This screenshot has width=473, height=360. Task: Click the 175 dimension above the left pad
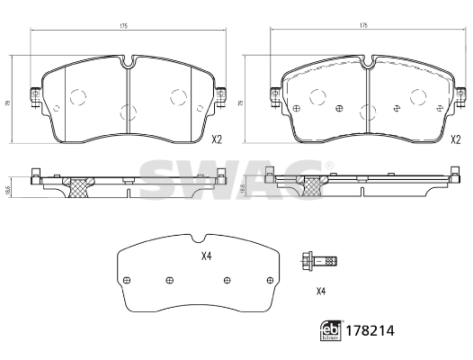click(x=125, y=27)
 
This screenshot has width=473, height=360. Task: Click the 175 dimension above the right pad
click(x=364, y=27)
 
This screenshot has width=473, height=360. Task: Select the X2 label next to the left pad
click(x=217, y=139)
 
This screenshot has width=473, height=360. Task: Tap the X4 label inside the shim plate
click(x=204, y=256)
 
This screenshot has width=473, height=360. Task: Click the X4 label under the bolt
click(x=320, y=291)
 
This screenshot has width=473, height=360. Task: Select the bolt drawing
click(x=320, y=262)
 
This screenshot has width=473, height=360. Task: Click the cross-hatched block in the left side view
click(x=81, y=186)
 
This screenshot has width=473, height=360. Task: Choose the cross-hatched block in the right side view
click(x=314, y=186)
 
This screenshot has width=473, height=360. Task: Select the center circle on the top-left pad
click(x=125, y=112)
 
